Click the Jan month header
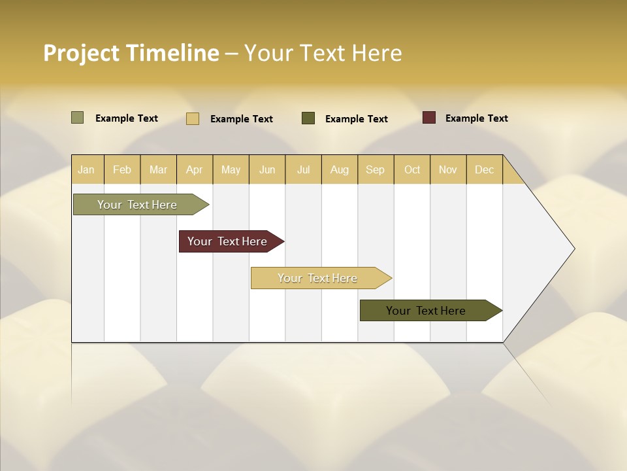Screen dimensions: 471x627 point(87,169)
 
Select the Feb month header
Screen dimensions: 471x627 point(122,169)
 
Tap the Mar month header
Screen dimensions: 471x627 point(158,169)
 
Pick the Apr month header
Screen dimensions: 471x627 point(195,169)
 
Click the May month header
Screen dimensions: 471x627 point(231,169)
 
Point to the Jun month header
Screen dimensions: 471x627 point(267,169)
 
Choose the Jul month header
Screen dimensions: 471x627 point(303,169)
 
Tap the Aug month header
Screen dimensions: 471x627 point(340,169)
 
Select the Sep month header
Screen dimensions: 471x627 point(376,169)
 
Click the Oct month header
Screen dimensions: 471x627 point(412,169)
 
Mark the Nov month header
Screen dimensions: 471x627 point(448,169)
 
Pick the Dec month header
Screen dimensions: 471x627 point(485,169)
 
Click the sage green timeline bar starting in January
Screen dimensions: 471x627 point(138,205)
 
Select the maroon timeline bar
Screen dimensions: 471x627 point(228,241)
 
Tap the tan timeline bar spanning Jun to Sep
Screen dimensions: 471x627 point(318,278)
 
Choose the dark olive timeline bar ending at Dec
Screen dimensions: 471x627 point(426,311)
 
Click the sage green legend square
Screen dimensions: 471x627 point(77,118)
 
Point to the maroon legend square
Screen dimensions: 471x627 point(429,118)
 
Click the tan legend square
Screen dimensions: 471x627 point(193,118)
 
